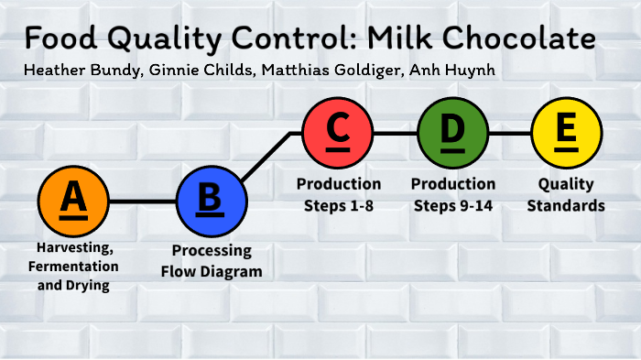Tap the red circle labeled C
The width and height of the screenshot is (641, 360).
[x=338, y=133]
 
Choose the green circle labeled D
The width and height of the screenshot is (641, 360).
[x=452, y=133]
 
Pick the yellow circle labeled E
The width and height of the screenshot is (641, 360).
[x=567, y=133]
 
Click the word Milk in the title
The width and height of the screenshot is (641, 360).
[x=397, y=38]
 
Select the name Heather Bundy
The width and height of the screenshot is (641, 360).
[x=75, y=71]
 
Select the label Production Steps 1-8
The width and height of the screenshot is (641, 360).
[x=338, y=194]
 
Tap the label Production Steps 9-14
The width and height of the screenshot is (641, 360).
[x=452, y=194]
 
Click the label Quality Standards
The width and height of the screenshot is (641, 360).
[x=567, y=194]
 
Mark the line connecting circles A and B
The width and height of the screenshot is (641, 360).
[x=142, y=201]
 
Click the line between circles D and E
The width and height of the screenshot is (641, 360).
[x=509, y=133]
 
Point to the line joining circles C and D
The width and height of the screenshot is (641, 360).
[x=395, y=133]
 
